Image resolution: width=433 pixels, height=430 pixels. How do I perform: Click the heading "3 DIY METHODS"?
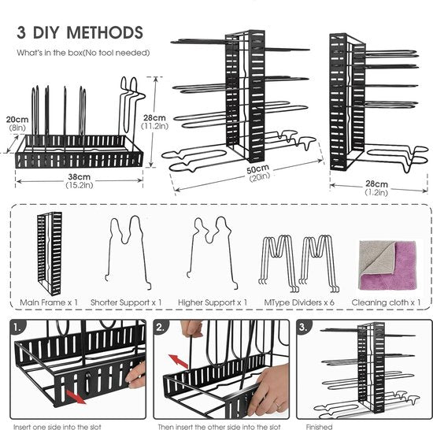tap(80, 32)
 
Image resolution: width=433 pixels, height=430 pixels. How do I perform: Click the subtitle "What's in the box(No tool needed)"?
tap(83, 53)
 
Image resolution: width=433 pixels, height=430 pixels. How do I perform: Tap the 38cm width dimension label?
tap(80, 181)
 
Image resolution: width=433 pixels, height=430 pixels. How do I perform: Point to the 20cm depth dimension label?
tap(17, 123)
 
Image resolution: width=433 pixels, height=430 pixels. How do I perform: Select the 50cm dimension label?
tap(258, 173)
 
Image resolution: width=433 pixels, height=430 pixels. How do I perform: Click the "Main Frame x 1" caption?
tap(49, 302)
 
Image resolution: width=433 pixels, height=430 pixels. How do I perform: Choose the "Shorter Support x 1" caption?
tap(126, 302)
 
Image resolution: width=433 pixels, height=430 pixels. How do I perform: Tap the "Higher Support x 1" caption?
tap(213, 302)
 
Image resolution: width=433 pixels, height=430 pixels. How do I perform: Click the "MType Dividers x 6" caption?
tap(299, 302)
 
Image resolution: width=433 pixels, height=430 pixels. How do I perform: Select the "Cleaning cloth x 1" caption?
tap(386, 302)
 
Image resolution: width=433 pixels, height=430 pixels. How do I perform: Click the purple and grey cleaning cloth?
tap(387, 265)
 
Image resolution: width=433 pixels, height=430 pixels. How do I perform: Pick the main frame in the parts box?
tap(50, 254)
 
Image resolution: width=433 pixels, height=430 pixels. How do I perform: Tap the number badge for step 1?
tap(17, 328)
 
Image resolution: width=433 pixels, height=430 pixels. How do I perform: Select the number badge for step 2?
tap(161, 328)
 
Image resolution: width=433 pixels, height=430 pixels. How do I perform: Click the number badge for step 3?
tap(304, 328)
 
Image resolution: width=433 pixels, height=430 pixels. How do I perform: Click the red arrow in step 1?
tap(76, 397)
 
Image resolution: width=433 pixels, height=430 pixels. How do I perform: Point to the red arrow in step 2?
tap(178, 361)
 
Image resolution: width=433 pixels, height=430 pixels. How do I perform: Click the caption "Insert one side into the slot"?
tap(57, 427)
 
